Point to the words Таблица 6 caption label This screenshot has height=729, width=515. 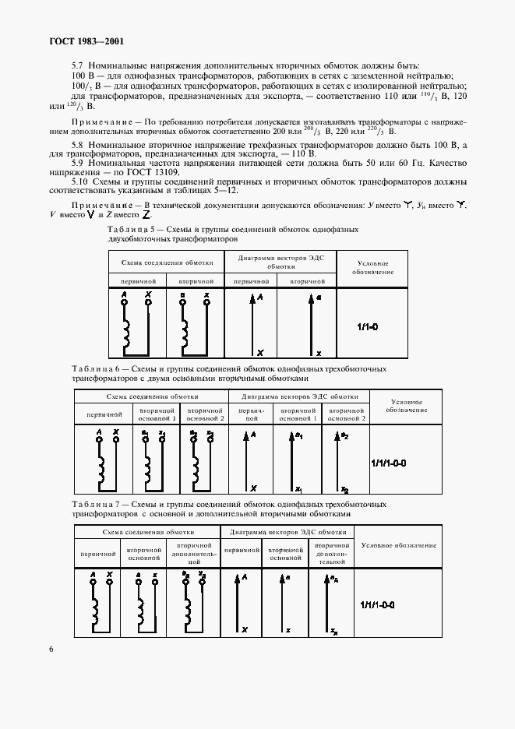pyautogui.click(x=93, y=368)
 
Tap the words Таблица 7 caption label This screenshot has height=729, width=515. pyautogui.click(x=93, y=504)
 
